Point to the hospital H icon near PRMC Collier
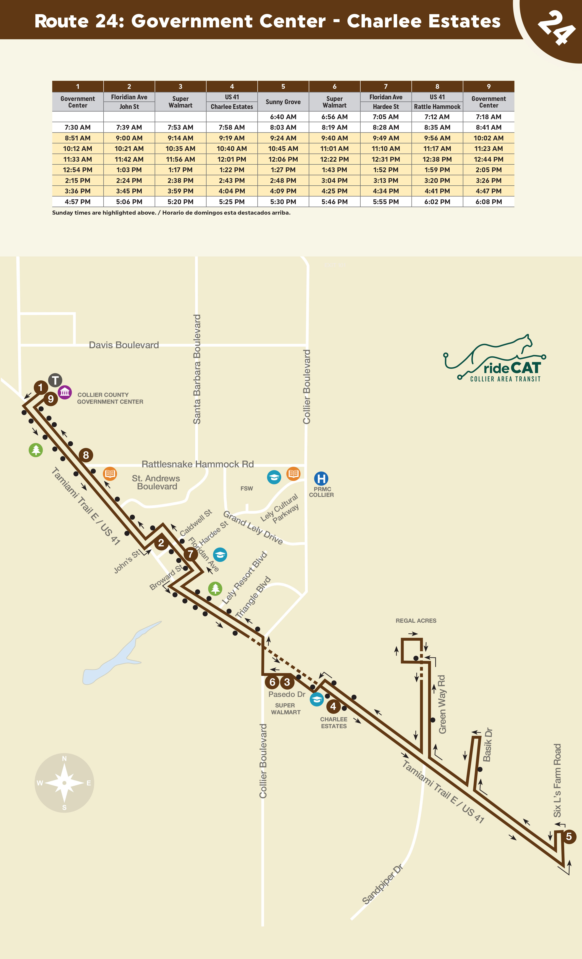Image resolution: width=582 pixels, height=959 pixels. pos(321,478)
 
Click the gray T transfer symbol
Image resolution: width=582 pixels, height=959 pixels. pos(55,380)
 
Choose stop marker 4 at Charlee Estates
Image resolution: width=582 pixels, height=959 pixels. pos(333,706)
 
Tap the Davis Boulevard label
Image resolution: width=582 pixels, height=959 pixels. pos(124,345)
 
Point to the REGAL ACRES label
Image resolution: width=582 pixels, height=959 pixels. pos(416,621)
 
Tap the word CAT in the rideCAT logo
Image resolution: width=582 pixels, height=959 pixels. pos(525,368)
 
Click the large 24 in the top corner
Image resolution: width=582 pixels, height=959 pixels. pos(556,27)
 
